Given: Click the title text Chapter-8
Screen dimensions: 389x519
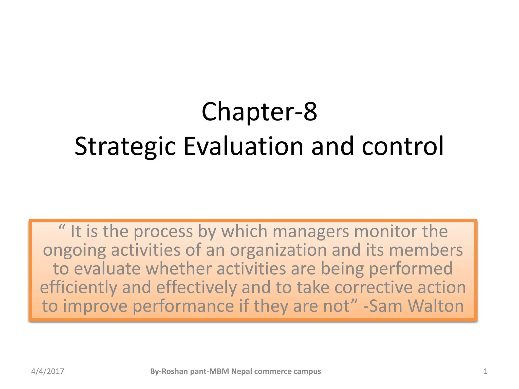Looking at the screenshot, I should tap(259, 112).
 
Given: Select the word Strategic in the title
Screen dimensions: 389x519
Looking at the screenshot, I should tap(125, 146).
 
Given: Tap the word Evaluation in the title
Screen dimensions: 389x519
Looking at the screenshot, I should tap(243, 146).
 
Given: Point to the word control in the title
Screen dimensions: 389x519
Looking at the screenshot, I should tap(403, 146).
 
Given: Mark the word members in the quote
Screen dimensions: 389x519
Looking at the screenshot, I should tap(426, 250).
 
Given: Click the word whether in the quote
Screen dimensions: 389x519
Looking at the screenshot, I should tap(178, 269).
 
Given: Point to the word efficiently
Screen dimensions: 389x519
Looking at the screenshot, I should tap(79, 288).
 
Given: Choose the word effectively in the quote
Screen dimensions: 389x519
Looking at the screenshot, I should tap(196, 288).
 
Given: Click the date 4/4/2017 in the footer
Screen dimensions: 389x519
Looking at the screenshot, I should tap(48, 371).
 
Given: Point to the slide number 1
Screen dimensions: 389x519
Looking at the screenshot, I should tap(486, 371).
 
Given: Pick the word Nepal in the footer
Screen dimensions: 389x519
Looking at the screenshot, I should tap(242, 371).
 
